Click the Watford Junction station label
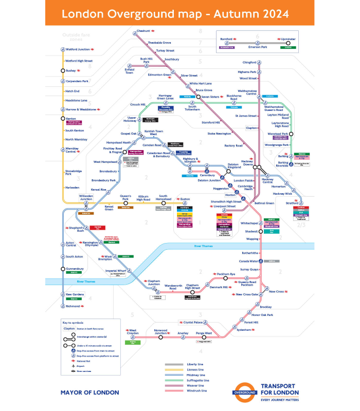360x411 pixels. [x=77, y=49]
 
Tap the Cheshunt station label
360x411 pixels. [x=143, y=31]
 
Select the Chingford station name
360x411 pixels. [x=249, y=63]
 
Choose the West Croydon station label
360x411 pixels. [x=133, y=332]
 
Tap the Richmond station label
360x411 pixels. [x=73, y=306]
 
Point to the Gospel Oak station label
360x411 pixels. [x=129, y=134]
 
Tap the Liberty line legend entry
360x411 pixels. [x=196, y=365]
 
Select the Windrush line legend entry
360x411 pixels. [x=197, y=390]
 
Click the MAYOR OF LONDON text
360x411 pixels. [x=89, y=393]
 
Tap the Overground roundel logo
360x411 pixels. [x=244, y=392]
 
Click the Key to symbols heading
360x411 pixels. [x=73, y=322]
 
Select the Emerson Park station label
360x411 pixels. [x=257, y=47]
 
